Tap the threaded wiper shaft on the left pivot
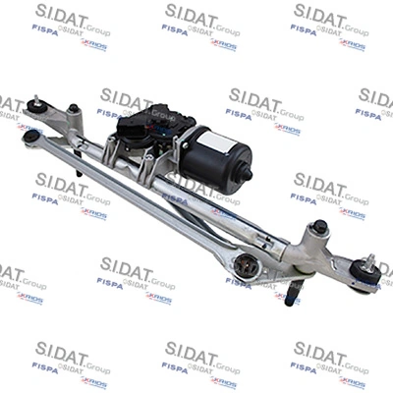[35, 100]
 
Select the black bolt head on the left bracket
[73, 109]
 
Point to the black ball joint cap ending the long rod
[31, 137]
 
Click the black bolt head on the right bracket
[319, 228]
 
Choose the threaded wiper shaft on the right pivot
[370, 262]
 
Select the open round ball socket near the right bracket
[247, 264]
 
